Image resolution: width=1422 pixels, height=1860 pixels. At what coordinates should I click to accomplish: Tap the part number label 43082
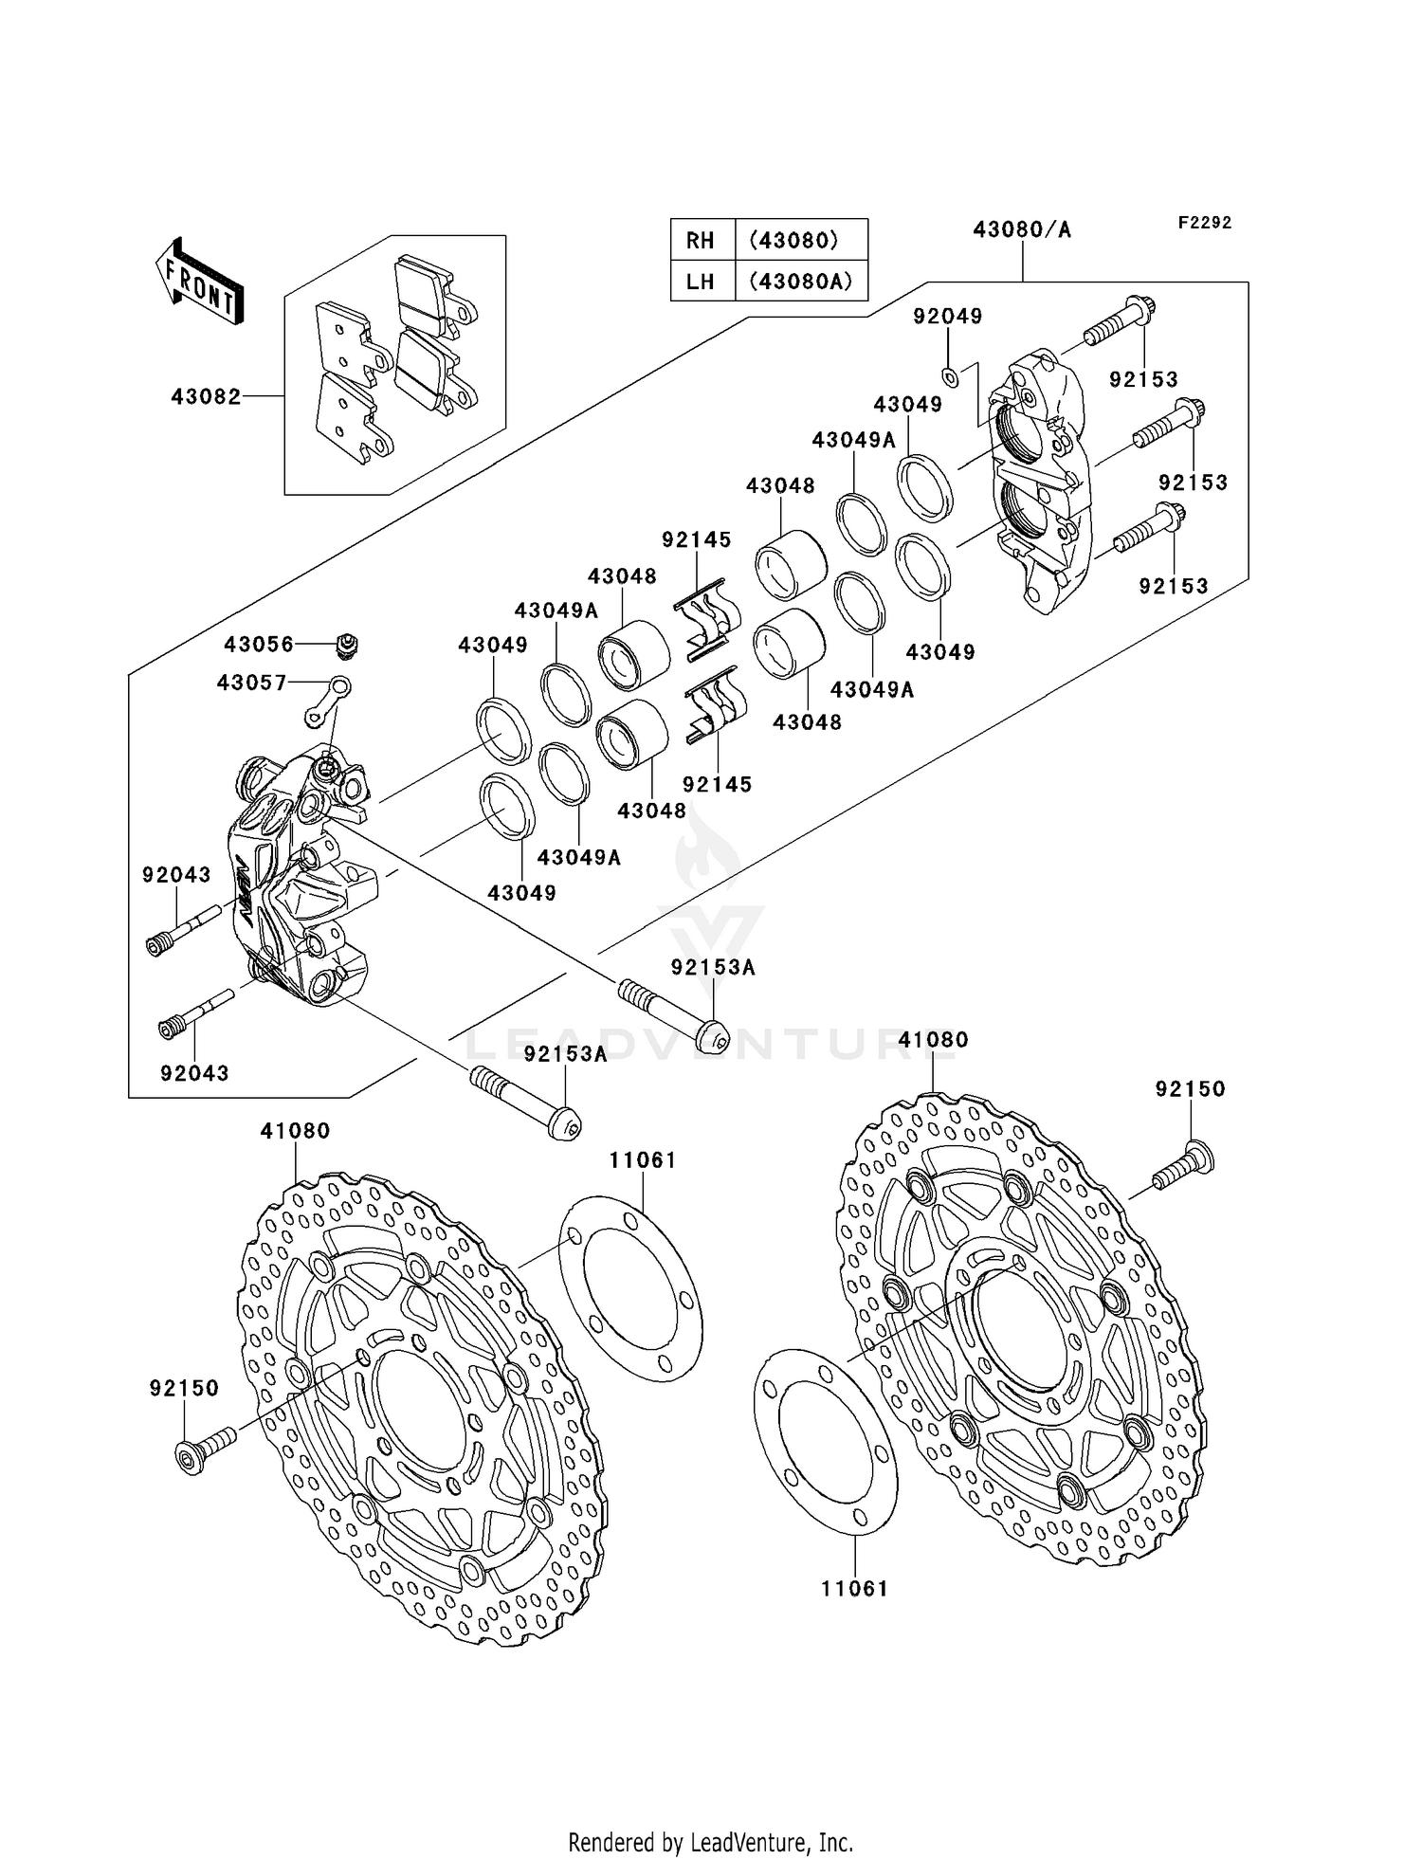point(206,396)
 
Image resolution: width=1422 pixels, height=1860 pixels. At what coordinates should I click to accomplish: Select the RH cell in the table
point(701,241)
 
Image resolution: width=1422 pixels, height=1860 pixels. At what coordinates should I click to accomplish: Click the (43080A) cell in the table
point(800,282)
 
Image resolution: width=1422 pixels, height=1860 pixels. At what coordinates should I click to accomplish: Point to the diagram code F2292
point(1204,223)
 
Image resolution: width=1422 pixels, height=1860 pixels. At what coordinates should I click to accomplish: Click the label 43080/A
point(1022,230)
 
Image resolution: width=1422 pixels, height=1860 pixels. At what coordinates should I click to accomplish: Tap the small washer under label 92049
point(950,377)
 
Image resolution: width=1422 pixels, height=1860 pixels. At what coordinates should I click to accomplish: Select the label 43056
point(259,645)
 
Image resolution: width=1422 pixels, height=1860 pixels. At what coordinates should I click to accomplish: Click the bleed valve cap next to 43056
point(348,645)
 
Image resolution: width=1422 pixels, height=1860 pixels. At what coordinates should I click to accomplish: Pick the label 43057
point(251,683)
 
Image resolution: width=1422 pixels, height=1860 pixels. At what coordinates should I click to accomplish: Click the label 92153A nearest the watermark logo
point(713,968)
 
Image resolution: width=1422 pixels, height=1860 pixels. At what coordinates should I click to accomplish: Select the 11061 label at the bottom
point(855,1589)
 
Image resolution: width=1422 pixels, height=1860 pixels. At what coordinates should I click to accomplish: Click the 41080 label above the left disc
point(296,1131)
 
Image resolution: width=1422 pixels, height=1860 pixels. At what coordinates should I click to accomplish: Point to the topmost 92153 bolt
point(1119,322)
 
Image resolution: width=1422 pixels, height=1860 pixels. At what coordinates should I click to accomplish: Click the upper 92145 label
point(697,540)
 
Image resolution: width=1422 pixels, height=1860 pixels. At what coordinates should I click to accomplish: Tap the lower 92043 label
point(194,1073)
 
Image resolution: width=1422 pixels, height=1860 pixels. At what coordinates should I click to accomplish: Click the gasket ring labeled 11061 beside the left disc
point(630,1289)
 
